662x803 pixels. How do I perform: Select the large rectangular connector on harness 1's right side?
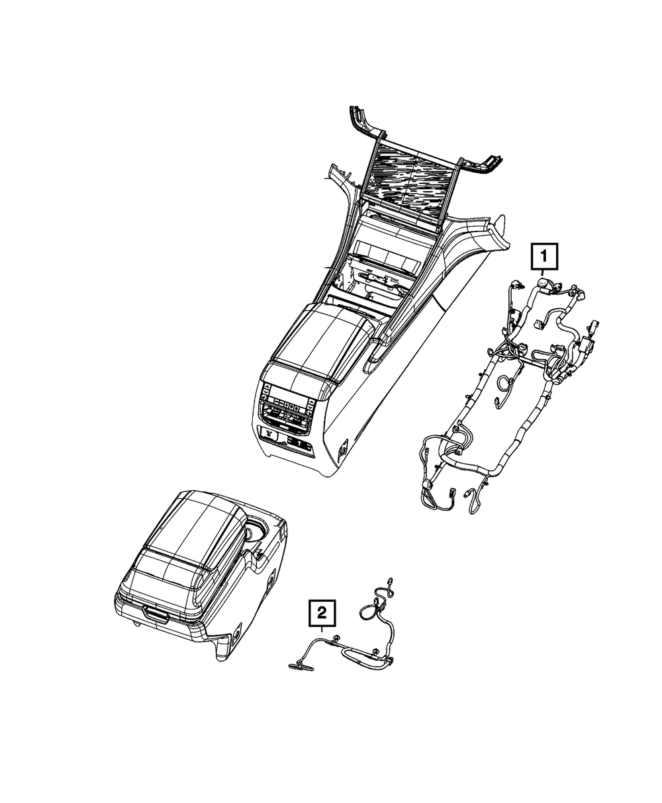click(x=594, y=329)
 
